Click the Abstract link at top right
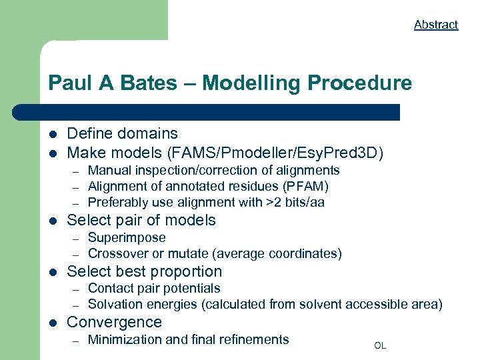pyautogui.click(x=436, y=25)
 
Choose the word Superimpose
pyautogui.click(x=127, y=237)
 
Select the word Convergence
pyautogui.click(x=114, y=322)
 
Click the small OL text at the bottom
pyautogui.click(x=380, y=345)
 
